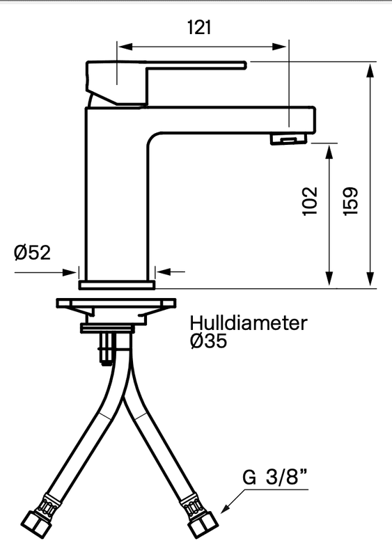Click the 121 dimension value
coord(199,27)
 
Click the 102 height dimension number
coord(311,201)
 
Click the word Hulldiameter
coord(249,324)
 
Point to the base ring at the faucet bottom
coord(117,285)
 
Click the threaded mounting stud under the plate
coord(107,347)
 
